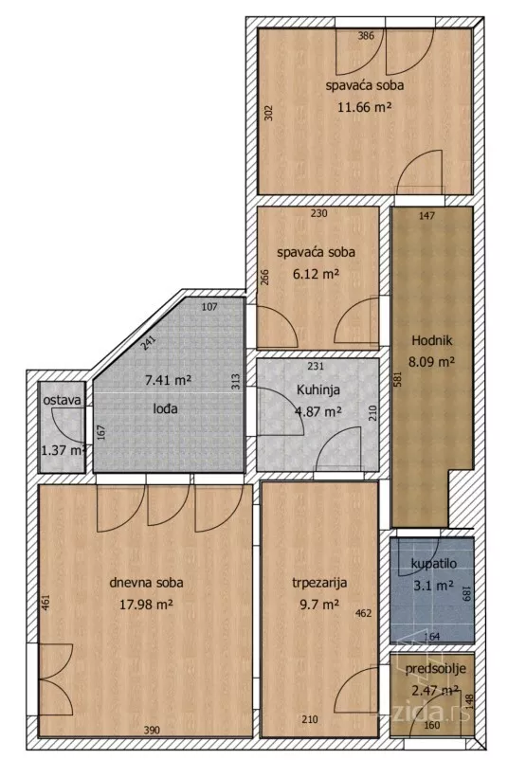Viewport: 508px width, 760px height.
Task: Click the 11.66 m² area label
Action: click(365, 107)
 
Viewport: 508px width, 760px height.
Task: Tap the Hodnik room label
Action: click(432, 340)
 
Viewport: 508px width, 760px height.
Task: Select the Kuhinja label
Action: click(318, 389)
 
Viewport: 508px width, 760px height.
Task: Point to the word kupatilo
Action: click(433, 564)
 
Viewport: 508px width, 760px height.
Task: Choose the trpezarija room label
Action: click(319, 583)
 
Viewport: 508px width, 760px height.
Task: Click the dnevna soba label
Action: click(146, 582)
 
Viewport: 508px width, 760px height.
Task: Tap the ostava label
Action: click(62, 400)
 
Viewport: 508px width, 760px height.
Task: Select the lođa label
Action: click(165, 408)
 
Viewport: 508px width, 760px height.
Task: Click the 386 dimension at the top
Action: click(366, 35)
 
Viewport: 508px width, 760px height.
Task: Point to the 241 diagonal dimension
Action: click(148, 343)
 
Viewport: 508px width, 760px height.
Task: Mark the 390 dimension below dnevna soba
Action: click(152, 731)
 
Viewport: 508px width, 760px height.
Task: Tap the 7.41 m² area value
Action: click(168, 380)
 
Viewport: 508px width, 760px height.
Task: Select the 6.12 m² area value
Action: click(316, 274)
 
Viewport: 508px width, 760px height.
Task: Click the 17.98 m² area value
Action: click(146, 605)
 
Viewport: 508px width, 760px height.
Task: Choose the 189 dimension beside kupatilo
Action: click(467, 594)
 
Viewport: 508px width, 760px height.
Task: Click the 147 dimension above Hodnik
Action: click(427, 216)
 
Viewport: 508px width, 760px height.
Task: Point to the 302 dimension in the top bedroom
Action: click(270, 113)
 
